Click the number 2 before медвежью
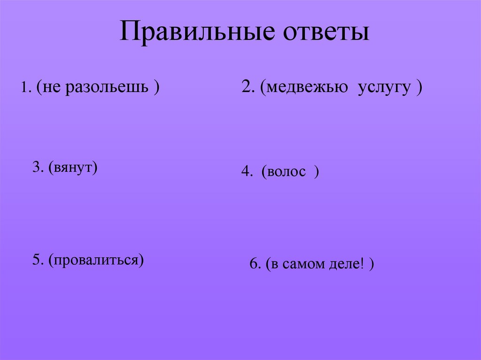(246, 87)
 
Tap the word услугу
(384, 87)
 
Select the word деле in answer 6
(345, 264)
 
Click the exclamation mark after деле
(362, 264)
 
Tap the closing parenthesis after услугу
(418, 88)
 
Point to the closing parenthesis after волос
(317, 173)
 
